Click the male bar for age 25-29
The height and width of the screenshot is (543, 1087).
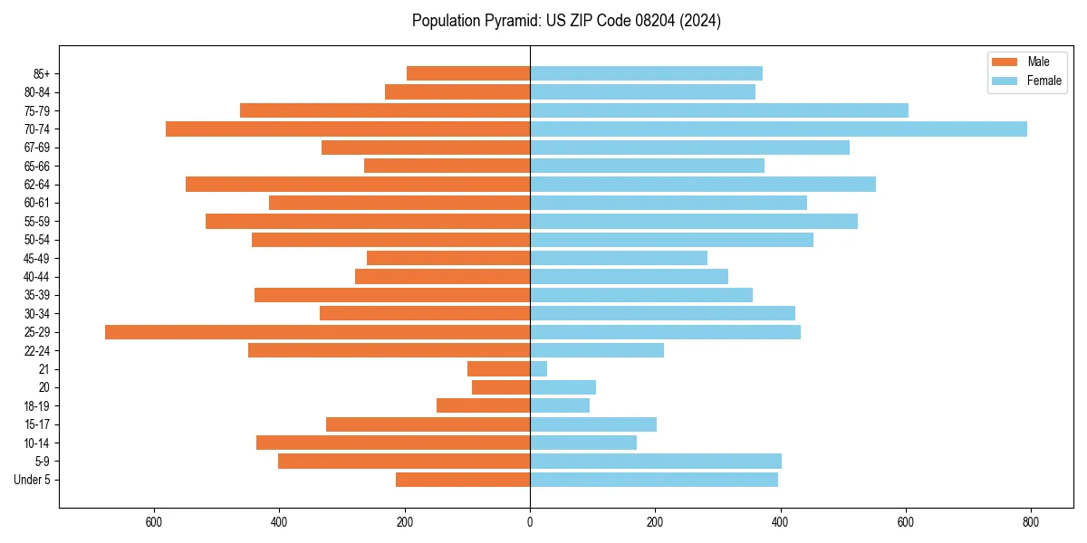tap(317, 332)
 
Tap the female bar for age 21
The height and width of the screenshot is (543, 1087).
tap(538, 369)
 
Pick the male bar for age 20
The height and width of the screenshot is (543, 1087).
tap(501, 387)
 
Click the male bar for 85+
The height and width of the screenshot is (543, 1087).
tap(468, 73)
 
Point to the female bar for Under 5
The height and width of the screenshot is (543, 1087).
tap(654, 480)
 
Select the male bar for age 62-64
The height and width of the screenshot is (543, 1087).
tap(358, 184)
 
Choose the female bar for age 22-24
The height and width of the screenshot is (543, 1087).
tap(597, 350)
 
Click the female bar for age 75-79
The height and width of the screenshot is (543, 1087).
tap(719, 110)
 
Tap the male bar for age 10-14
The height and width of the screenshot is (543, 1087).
tap(393, 443)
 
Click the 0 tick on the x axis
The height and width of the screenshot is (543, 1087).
tap(530, 522)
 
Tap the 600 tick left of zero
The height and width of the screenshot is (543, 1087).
tap(154, 522)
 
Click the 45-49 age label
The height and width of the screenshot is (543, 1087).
tap(37, 258)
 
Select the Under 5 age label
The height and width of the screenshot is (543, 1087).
tap(32, 480)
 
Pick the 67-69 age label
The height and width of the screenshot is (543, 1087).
tap(37, 148)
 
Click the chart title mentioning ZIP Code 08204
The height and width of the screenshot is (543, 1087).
tap(566, 21)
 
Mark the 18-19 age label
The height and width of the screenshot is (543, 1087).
tap(37, 406)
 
